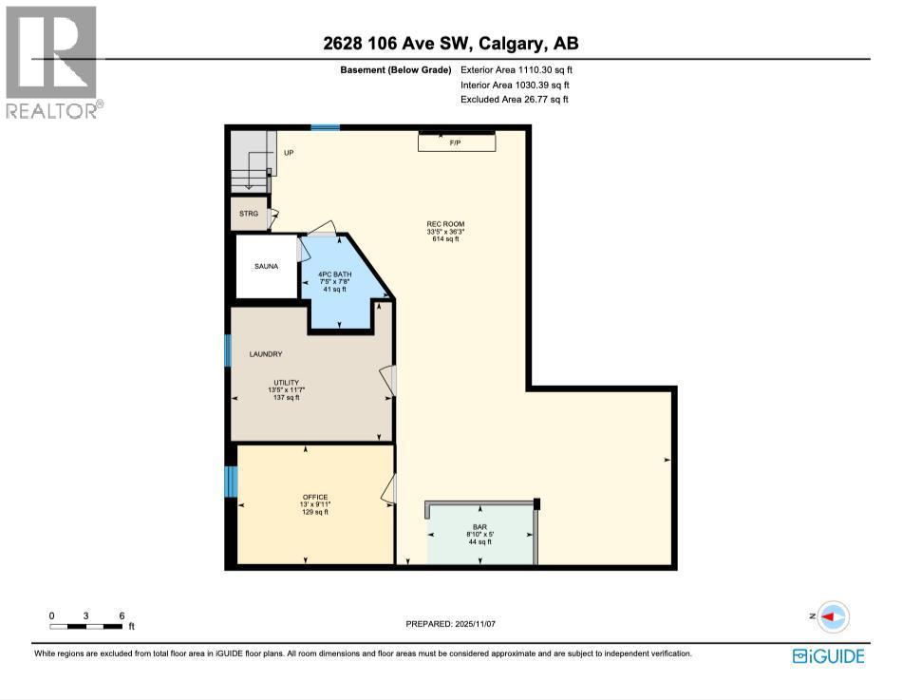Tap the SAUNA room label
pos(266,267)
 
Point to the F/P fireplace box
pos(457,142)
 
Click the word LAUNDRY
pos(266,354)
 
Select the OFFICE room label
pos(314,497)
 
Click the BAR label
pos(479,525)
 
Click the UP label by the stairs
pos(288,152)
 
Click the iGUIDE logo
pos(827,655)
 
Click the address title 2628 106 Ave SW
pos(449,44)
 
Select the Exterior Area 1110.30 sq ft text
pos(517,69)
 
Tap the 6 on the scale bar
pos(122,615)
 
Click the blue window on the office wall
pos(230,482)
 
